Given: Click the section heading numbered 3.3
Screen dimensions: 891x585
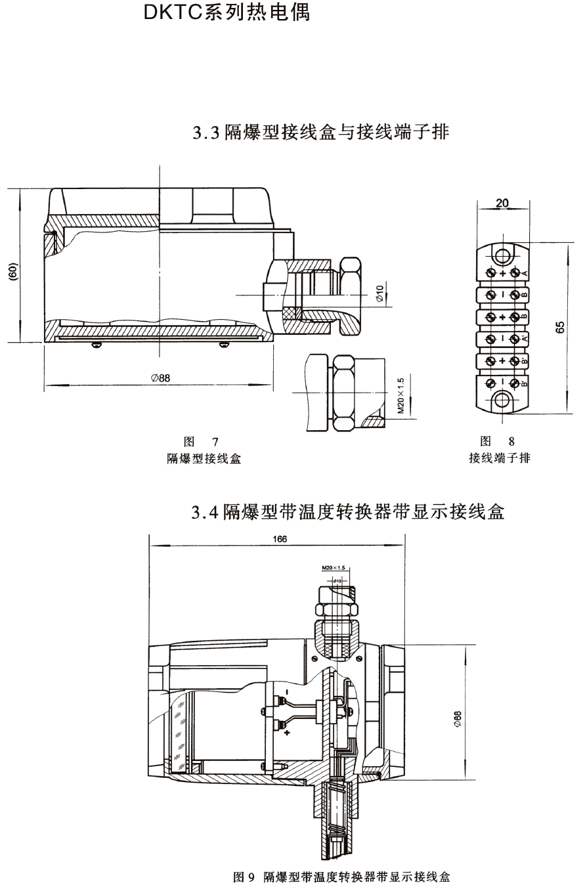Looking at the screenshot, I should [320, 133].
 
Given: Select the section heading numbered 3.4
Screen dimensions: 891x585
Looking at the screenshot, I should [348, 512].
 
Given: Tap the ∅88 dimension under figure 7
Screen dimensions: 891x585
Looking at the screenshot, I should [160, 378].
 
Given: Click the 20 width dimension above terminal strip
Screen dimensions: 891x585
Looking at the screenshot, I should [502, 204].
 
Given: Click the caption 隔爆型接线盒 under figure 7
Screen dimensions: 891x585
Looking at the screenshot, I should [204, 459].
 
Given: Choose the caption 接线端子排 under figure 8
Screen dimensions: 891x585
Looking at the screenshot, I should [500, 458].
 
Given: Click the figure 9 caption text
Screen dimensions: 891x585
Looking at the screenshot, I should [342, 877].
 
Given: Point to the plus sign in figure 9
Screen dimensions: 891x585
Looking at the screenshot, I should [287, 733].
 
